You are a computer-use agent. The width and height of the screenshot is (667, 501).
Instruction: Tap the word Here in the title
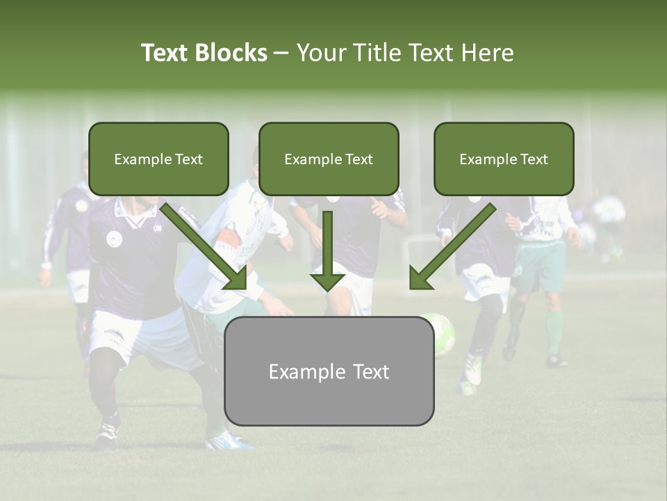click(488, 53)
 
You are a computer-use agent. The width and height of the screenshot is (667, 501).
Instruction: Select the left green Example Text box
click(158, 159)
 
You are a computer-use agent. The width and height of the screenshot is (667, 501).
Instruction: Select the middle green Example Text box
click(329, 159)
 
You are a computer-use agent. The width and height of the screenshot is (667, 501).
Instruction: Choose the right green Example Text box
click(504, 159)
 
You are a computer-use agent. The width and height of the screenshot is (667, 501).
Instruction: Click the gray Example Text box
click(329, 371)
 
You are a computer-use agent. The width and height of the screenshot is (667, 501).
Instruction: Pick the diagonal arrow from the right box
click(452, 247)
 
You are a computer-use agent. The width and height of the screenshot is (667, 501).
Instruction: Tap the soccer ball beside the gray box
click(442, 334)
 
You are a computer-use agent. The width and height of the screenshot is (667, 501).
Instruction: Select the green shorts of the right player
click(541, 267)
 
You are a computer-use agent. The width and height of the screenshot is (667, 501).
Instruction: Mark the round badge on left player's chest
click(114, 239)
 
